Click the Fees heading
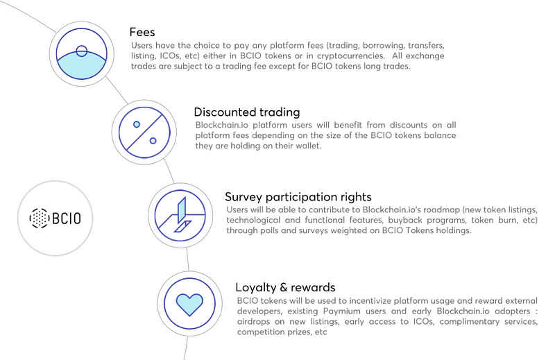[142, 32]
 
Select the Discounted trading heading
[247, 112]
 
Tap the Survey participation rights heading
[298, 197]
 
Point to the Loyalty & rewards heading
[285, 287]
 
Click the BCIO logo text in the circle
[67, 218]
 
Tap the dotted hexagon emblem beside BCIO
[39, 218]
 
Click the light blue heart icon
[189, 305]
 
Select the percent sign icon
[144, 132]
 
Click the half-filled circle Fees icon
[81, 54]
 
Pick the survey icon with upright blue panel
[180, 216]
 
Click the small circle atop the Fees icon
[81, 51]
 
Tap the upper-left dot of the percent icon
[137, 124]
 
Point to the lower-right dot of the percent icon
[153, 141]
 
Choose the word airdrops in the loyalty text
[253, 322]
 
